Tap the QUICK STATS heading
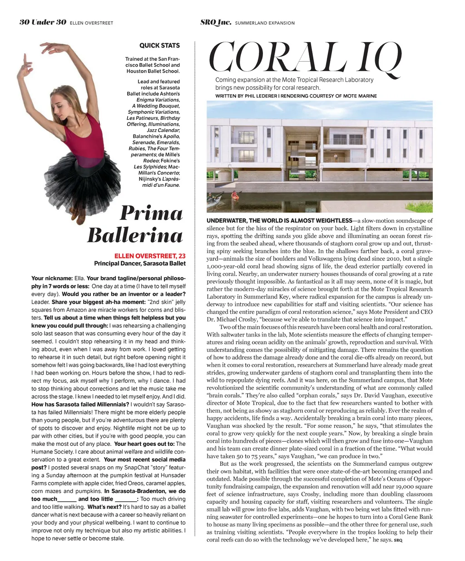pos(159,45)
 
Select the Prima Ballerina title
pos(135,224)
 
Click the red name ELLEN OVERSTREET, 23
pos(150,256)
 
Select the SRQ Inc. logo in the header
pos(216,22)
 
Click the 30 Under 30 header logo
pos(43,22)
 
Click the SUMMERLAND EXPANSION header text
pos(265,23)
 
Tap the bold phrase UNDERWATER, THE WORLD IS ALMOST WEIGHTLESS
pos(279,220)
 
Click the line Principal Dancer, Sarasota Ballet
pos(140,263)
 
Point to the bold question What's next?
pos(104,507)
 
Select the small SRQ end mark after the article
pos(398,540)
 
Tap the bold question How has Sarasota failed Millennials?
pos(80,404)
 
